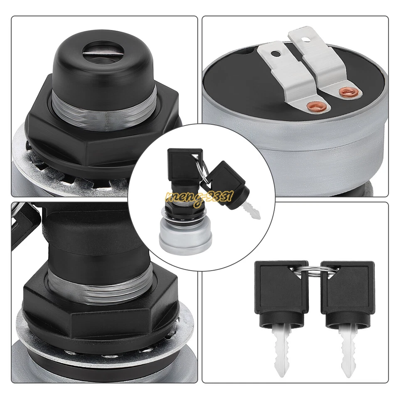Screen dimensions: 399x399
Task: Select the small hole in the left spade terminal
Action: (276, 53)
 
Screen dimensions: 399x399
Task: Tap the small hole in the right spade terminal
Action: (306, 40)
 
